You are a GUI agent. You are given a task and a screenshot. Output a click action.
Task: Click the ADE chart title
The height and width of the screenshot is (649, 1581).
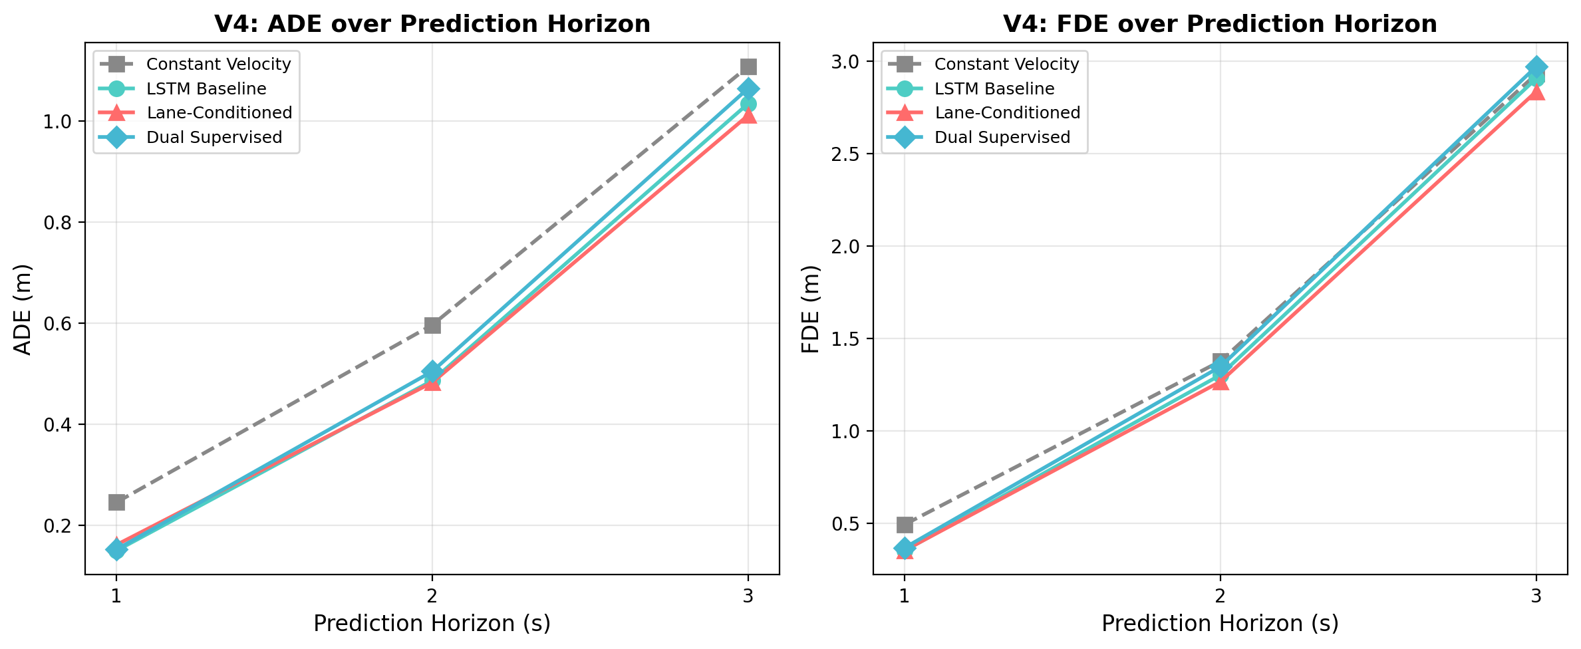(432, 24)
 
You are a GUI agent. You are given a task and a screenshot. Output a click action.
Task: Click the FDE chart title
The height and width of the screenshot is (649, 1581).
(1220, 24)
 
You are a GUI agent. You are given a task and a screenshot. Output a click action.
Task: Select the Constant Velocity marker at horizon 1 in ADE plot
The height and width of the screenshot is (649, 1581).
(116, 502)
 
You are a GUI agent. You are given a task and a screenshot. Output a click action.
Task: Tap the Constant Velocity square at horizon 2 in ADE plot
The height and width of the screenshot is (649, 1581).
(432, 325)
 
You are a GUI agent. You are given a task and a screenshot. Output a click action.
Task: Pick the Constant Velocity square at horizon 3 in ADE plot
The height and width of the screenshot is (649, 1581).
(748, 66)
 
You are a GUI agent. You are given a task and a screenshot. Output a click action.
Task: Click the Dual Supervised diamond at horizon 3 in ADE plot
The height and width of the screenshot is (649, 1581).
(748, 88)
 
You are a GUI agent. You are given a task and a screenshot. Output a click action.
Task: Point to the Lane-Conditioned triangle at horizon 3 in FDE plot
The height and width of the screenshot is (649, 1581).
(1536, 92)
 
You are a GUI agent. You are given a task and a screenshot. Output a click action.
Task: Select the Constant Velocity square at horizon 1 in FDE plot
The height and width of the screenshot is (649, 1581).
(905, 525)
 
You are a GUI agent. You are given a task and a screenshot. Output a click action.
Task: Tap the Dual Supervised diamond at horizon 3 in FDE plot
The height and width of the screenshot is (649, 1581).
(1536, 67)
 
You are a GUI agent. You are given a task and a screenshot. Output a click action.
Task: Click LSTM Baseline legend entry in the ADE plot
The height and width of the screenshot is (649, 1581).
(206, 88)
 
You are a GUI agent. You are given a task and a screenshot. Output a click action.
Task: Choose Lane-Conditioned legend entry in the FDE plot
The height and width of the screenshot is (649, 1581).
(1007, 113)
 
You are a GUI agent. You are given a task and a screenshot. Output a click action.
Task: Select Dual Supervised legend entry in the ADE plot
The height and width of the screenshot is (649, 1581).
(214, 138)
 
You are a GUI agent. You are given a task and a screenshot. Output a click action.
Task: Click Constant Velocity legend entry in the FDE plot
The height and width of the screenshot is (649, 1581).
(1006, 65)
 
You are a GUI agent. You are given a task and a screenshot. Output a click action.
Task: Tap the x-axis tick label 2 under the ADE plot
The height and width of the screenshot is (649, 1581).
(432, 596)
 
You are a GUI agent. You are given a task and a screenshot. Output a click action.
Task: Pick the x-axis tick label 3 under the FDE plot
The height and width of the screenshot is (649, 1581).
(1536, 596)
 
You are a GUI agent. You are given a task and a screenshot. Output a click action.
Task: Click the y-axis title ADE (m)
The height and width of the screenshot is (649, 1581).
(23, 309)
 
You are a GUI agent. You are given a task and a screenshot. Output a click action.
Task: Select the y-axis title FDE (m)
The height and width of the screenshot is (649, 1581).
(811, 309)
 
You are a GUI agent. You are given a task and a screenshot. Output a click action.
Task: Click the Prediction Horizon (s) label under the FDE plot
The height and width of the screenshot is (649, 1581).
(1220, 624)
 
